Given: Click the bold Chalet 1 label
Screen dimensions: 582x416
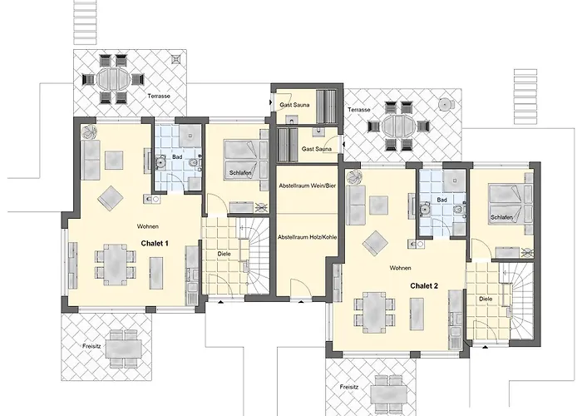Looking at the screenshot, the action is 155,244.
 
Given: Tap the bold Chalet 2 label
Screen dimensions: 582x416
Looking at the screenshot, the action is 424,286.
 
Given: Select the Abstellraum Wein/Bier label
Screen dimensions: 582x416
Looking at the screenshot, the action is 308,186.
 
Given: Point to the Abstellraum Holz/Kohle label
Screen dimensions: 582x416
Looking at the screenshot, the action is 308,236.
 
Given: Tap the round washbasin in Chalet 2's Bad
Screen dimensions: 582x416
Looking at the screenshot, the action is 424,210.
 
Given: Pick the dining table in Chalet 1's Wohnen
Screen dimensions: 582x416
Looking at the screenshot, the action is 115,265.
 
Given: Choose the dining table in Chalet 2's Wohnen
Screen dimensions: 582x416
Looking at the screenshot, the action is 374,312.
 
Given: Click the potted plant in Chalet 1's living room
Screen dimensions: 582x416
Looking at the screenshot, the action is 90,131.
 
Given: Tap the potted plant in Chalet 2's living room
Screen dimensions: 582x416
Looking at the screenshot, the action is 353,176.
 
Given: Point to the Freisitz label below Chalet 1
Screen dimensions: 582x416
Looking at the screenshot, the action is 91,346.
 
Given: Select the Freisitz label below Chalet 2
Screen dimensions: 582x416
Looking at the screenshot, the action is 349,387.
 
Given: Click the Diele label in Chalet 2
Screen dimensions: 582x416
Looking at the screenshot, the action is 486,299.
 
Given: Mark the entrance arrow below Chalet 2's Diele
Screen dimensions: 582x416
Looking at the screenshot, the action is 485,347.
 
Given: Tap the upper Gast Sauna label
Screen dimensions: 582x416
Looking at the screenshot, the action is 294,105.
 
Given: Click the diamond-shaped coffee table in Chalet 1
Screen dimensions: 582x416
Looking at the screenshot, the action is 111,198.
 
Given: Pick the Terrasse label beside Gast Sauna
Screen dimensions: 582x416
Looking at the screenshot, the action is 359,110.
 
